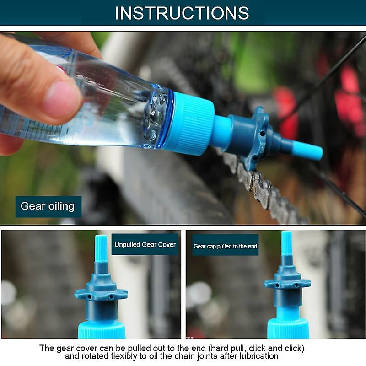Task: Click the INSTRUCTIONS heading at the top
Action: pos(182,13)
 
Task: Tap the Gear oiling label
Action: pos(48,206)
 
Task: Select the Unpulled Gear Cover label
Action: pos(145,245)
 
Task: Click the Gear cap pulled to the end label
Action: pos(225,246)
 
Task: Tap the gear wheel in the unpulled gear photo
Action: pos(101,293)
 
